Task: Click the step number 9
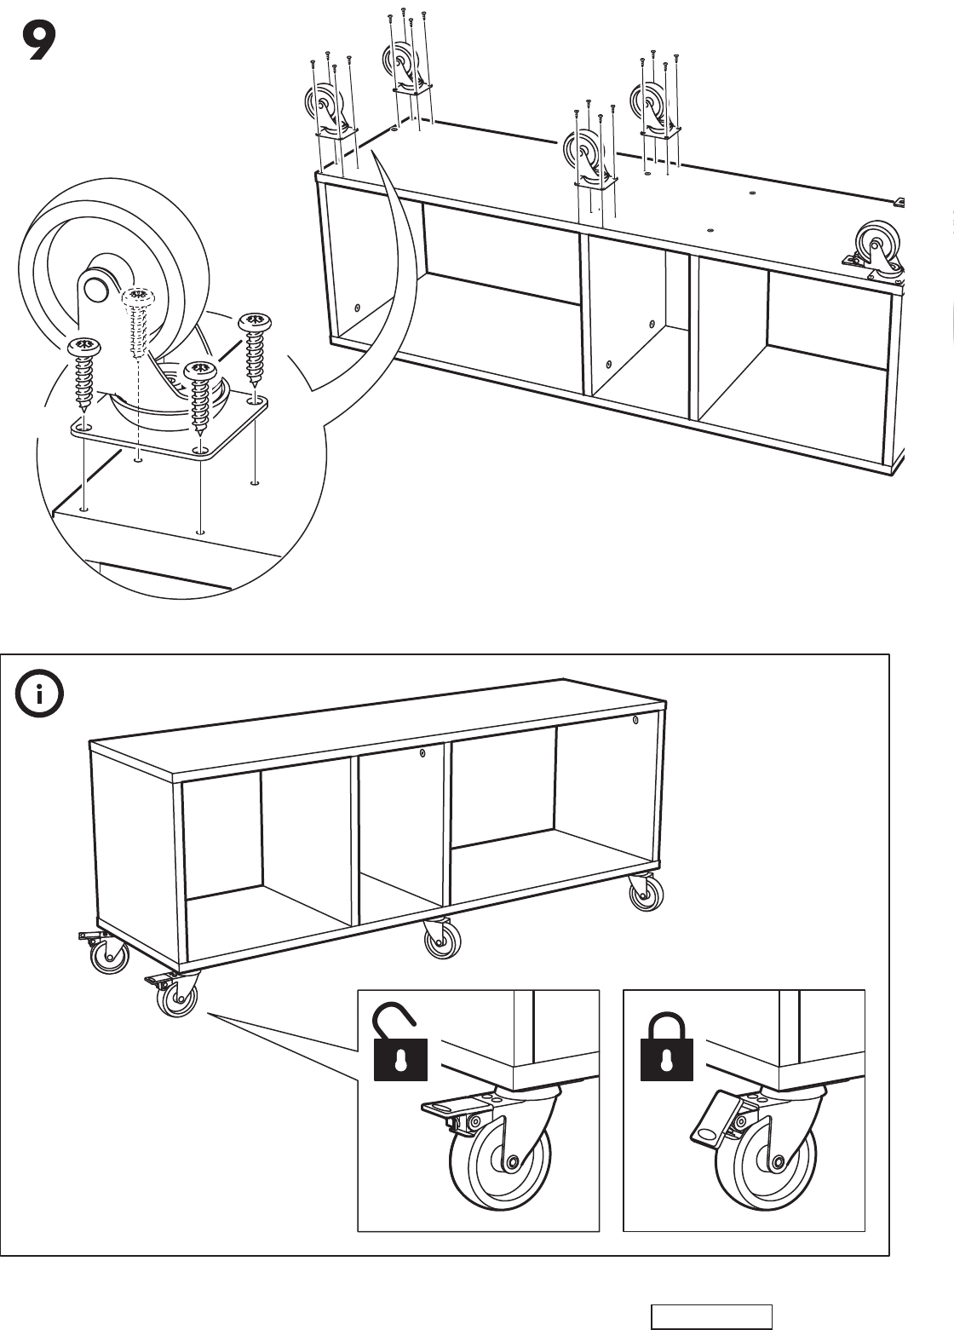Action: coord(38,42)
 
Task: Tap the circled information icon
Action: coord(39,694)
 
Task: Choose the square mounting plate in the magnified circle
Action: coord(170,427)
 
